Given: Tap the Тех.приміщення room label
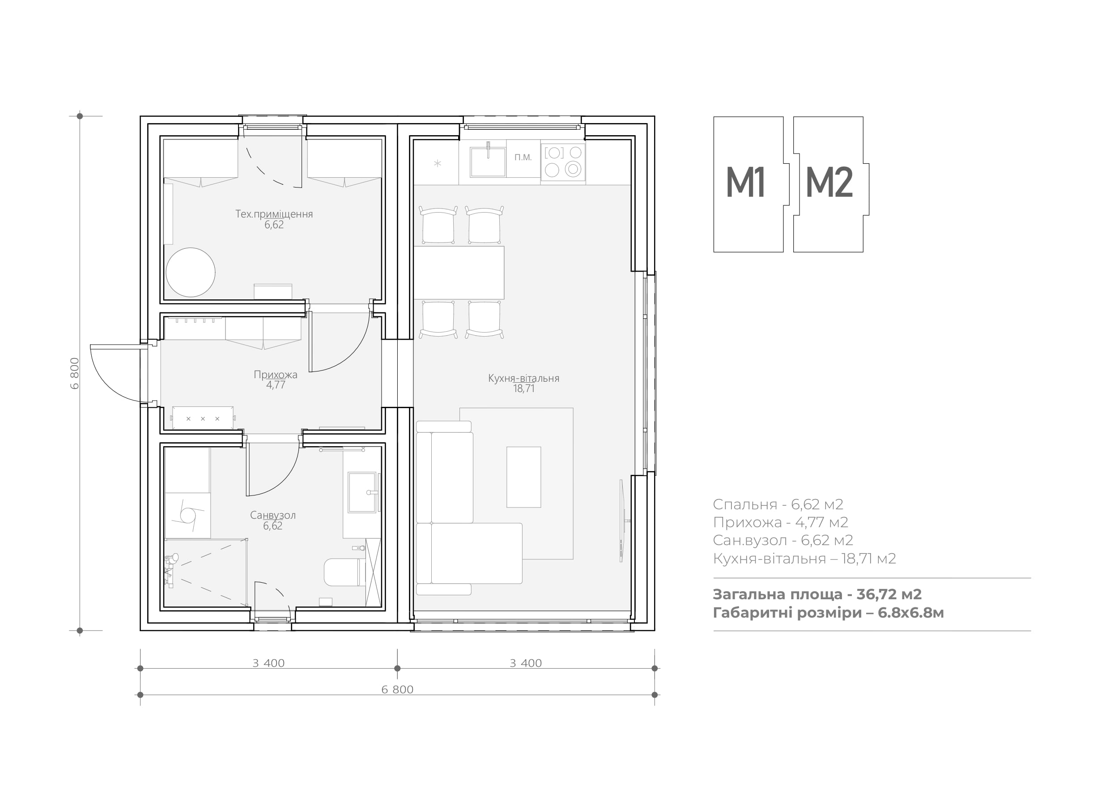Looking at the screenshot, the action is point(274,214).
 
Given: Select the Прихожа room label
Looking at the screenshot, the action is point(276,374).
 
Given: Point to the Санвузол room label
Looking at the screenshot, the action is point(272,515).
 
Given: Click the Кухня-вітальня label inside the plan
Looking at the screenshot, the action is point(523,378).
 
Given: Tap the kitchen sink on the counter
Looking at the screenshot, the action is point(488,161).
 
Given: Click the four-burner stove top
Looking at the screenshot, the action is point(563,161).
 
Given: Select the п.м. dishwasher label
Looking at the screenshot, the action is point(523,157).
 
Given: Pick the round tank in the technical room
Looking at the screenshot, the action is point(191,272).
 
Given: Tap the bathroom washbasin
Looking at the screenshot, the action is point(362,492).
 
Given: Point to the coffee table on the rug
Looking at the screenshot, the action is point(523,477).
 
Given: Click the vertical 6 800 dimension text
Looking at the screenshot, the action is point(75,373).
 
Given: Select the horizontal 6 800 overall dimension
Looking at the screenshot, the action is point(397,689).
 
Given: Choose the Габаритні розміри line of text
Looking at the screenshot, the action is point(828,613).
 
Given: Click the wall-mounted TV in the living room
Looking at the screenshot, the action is point(623,520).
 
